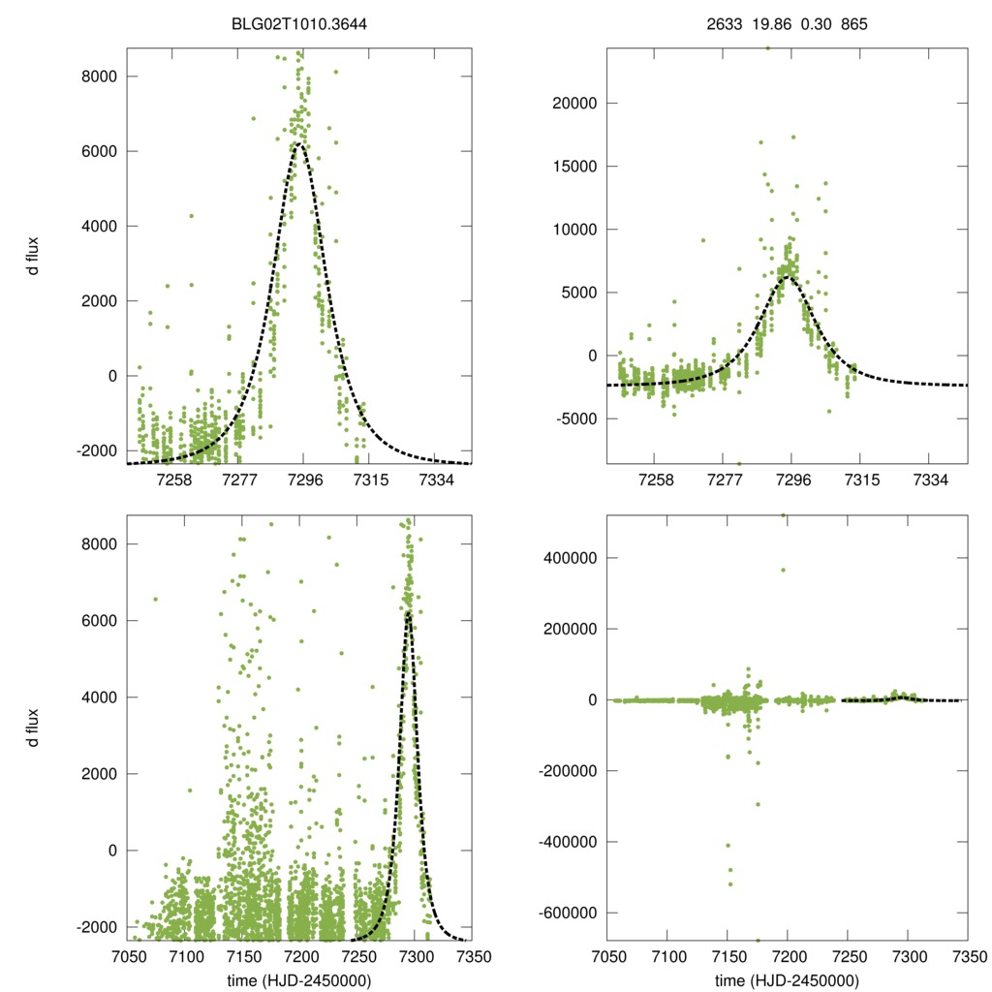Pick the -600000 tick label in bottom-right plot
point(565,913)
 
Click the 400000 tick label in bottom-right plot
point(569,558)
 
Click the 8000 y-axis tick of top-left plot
point(100,76)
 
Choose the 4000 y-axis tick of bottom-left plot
point(100,697)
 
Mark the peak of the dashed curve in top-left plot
point(299,143)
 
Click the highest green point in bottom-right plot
point(783,515)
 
